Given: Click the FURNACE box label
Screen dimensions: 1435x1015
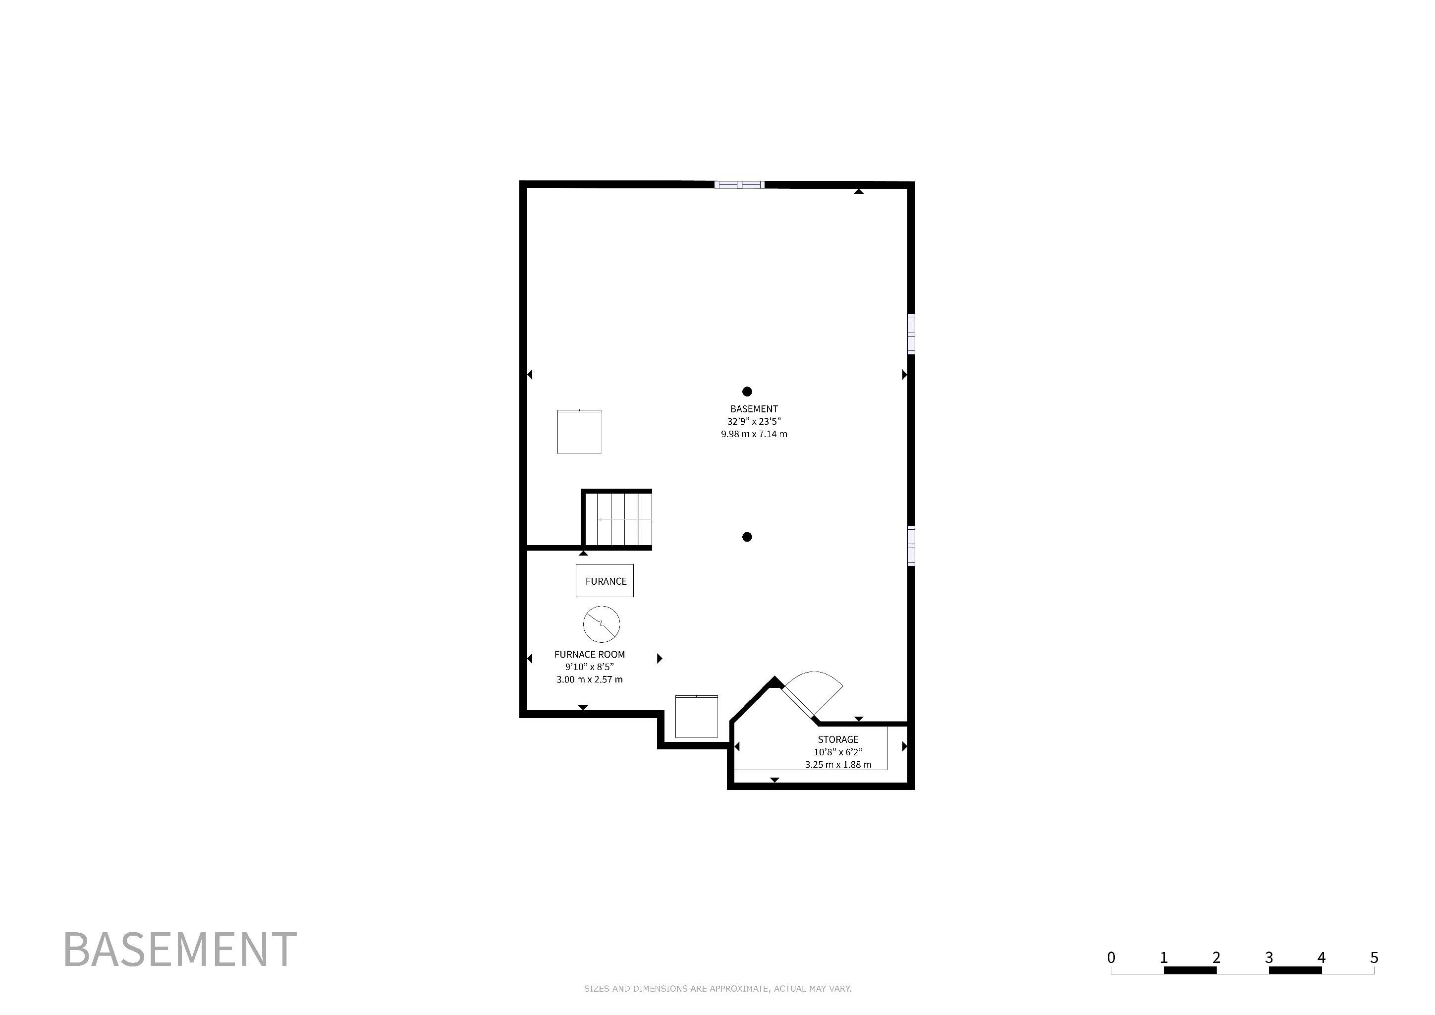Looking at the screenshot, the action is [x=605, y=581].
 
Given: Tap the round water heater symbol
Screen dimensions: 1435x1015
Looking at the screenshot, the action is [x=601, y=624].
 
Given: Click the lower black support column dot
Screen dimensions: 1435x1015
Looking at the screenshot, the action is [x=747, y=537].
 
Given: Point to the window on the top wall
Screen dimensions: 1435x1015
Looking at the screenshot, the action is [x=739, y=185].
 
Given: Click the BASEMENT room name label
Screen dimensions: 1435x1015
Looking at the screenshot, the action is [x=754, y=409].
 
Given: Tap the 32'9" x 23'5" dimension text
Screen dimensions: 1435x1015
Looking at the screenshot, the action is [x=754, y=422].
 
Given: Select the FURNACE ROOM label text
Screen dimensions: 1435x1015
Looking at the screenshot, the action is [x=589, y=654].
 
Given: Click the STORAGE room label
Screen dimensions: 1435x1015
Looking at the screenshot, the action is [x=838, y=739].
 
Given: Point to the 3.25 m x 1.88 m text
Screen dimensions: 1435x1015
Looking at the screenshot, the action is [x=838, y=764].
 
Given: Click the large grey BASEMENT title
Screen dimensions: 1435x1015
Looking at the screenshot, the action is [x=180, y=950].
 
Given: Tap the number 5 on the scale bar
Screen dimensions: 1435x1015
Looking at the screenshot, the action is [x=1374, y=958].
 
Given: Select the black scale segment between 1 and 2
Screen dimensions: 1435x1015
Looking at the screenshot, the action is [x=1190, y=970].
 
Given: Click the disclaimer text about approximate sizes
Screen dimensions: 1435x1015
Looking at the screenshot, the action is [x=717, y=989].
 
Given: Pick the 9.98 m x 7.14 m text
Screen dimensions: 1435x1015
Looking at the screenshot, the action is [x=754, y=434].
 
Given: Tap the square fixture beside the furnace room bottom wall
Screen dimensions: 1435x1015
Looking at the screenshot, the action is [x=696, y=716].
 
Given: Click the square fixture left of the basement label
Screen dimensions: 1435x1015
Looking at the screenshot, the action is [x=579, y=431].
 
